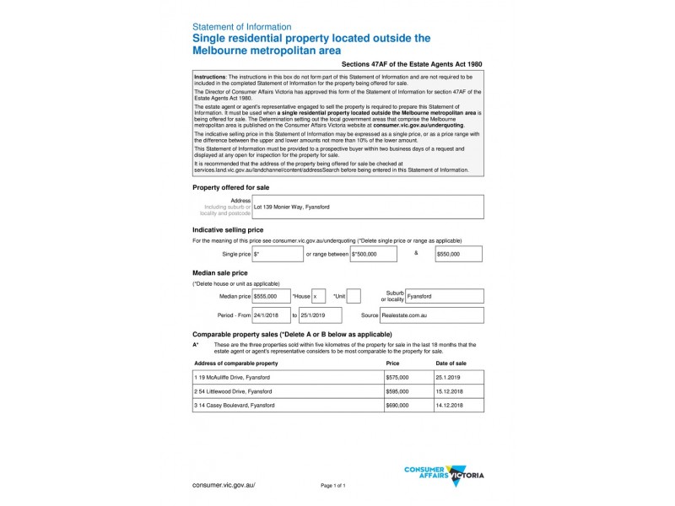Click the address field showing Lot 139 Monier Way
[368, 207]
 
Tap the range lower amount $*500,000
[375, 253]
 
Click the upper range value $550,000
[459, 253]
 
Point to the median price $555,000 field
[270, 296]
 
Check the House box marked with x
[318, 296]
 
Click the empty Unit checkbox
[354, 296]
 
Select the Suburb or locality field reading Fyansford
[444, 296]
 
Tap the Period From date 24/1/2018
[270, 315]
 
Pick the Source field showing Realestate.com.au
[432, 315]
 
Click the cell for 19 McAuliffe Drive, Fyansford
[288, 378]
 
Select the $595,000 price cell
[408, 391]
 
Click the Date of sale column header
[451, 363]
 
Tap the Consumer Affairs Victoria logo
[444, 475]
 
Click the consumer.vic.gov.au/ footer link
[224, 486]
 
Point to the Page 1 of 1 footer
[333, 487]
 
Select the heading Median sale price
[220, 272]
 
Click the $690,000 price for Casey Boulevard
[408, 405]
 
